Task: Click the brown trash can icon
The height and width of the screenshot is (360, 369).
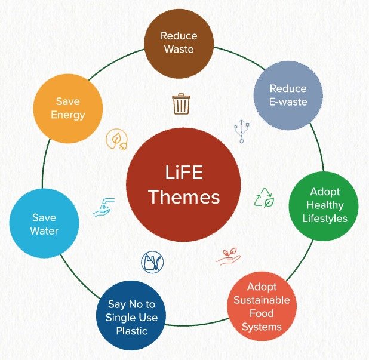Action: (181, 104)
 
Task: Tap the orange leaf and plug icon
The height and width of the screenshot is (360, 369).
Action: (116, 139)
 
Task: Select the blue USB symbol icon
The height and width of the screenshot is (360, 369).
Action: (242, 131)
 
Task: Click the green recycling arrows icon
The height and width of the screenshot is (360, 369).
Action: (264, 198)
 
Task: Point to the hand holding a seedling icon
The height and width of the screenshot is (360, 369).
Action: (229, 257)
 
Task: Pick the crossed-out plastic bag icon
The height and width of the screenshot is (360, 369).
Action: (152, 262)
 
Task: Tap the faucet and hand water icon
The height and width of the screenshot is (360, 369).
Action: (103, 207)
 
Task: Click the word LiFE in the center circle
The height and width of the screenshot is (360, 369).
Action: (184, 173)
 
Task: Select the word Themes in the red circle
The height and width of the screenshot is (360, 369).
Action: (184, 197)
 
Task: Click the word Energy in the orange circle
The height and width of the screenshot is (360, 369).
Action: (68, 115)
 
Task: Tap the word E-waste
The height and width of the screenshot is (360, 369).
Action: (288, 102)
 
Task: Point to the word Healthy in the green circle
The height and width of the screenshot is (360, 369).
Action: (325, 205)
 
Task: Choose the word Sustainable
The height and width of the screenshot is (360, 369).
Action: (262, 300)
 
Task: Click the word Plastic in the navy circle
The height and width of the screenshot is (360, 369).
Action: (131, 331)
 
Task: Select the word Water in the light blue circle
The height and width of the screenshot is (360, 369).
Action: (44, 231)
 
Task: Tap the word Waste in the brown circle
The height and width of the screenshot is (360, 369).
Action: (179, 49)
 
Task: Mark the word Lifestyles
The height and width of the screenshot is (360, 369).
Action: (325, 219)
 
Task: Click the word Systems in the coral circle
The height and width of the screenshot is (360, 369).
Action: (262, 327)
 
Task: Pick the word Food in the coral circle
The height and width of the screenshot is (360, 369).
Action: (262, 313)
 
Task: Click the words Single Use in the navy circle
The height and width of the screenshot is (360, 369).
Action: (131, 318)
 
